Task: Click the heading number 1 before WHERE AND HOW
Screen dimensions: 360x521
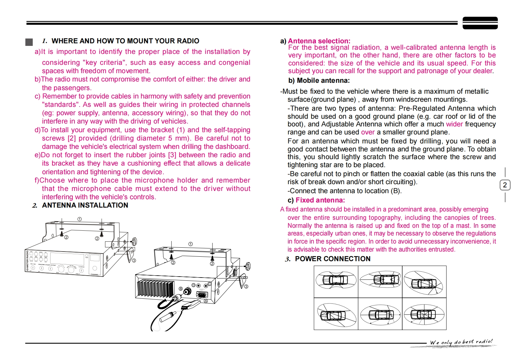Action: [44, 41]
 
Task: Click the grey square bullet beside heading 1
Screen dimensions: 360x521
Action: [29, 42]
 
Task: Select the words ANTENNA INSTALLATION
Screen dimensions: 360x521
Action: [85, 205]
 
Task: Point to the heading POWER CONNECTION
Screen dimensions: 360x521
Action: [333, 259]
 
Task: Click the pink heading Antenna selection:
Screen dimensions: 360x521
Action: [319, 41]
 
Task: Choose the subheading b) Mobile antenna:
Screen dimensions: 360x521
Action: [319, 81]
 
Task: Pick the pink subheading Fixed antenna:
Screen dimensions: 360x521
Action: [320, 200]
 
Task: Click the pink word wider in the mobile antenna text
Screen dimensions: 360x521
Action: [454, 124]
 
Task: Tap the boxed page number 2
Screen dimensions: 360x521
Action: [505, 185]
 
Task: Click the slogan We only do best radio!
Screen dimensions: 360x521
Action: [461, 342]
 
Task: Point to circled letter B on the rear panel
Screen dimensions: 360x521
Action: [181, 289]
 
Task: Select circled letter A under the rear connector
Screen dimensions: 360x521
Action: [206, 301]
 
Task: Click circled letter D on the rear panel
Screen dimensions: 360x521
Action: [194, 285]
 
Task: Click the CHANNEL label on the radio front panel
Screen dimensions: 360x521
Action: [95, 275]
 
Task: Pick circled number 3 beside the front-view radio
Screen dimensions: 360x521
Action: [134, 261]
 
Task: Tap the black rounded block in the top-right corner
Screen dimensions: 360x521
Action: [480, 23]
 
